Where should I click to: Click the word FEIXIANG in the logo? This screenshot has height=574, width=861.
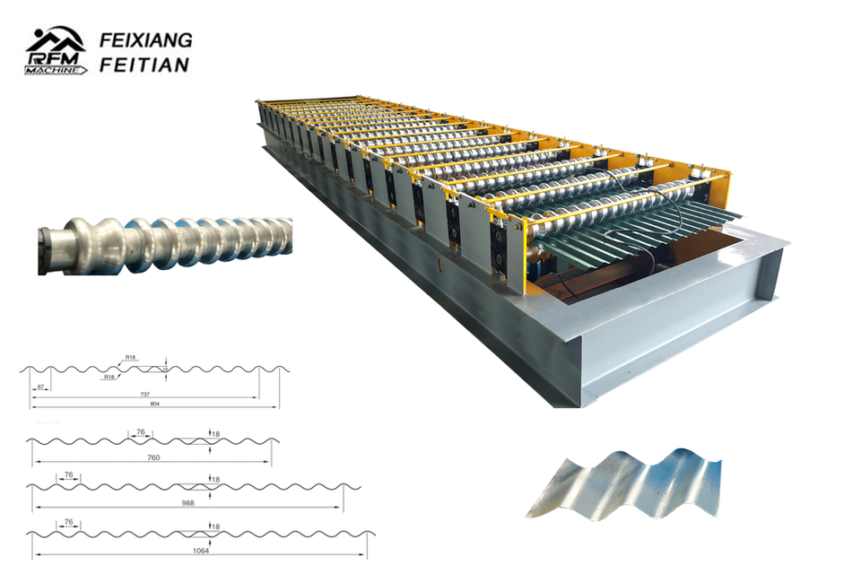point(145,41)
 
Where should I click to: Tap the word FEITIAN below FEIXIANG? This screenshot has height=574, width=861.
point(145,65)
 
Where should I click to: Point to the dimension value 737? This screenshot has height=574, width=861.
point(145,394)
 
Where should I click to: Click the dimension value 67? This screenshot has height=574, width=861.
point(40,387)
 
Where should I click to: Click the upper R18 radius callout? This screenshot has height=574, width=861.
point(131,358)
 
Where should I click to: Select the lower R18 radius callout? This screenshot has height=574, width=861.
point(109,377)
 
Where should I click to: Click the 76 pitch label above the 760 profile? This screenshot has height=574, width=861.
point(141,431)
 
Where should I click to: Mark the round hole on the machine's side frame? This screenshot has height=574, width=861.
point(439,265)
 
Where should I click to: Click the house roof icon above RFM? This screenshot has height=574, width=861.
point(54,38)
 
